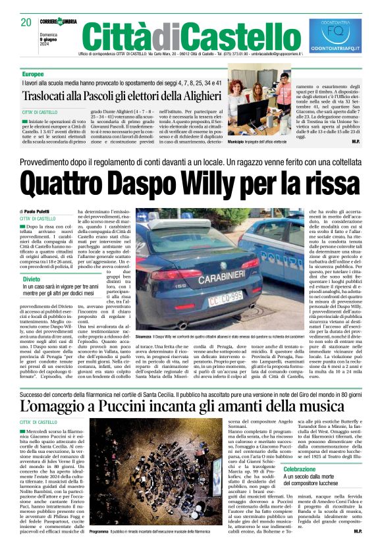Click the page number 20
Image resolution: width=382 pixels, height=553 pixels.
coord(26,22)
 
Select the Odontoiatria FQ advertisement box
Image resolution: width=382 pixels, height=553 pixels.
coord(335,36)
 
